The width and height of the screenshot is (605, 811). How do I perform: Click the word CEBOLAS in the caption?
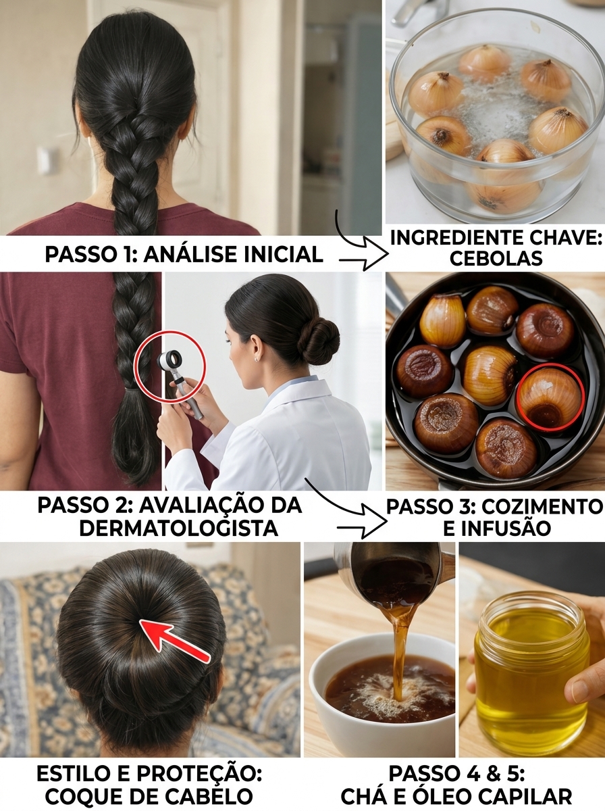(496, 259)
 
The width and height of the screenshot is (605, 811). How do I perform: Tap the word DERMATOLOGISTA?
(178, 529)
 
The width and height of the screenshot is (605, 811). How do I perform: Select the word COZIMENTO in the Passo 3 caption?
(540, 508)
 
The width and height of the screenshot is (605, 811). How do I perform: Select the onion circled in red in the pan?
(550, 397)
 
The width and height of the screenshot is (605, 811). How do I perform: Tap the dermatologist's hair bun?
(318, 341)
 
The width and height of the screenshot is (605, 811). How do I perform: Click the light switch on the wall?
(44, 161)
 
